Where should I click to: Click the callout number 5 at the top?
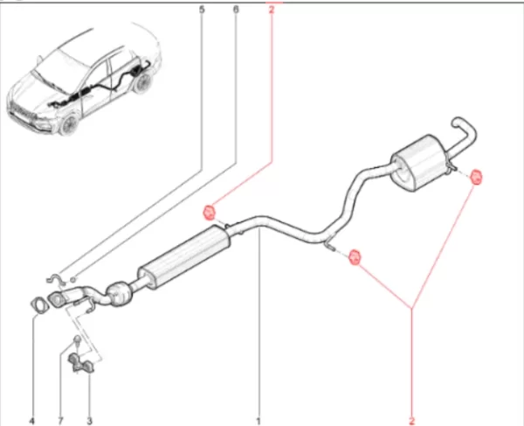pos(202,10)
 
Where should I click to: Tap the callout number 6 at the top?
pos(236,10)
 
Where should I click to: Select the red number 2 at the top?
pos(272,10)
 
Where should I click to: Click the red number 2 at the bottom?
pos(411,421)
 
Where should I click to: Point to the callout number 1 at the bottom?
pos(258,421)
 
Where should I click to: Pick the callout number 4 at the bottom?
pos(32,421)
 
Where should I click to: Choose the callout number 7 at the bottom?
pos(61,421)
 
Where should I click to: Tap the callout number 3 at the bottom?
pos(89,421)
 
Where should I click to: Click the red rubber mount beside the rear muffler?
pos(476,177)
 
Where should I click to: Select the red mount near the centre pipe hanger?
pos(355,257)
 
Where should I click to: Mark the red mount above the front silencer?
pos(210,213)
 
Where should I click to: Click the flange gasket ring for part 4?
pos(38,305)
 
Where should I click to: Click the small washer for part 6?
pos(73,279)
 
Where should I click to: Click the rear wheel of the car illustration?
pos(143,84)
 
